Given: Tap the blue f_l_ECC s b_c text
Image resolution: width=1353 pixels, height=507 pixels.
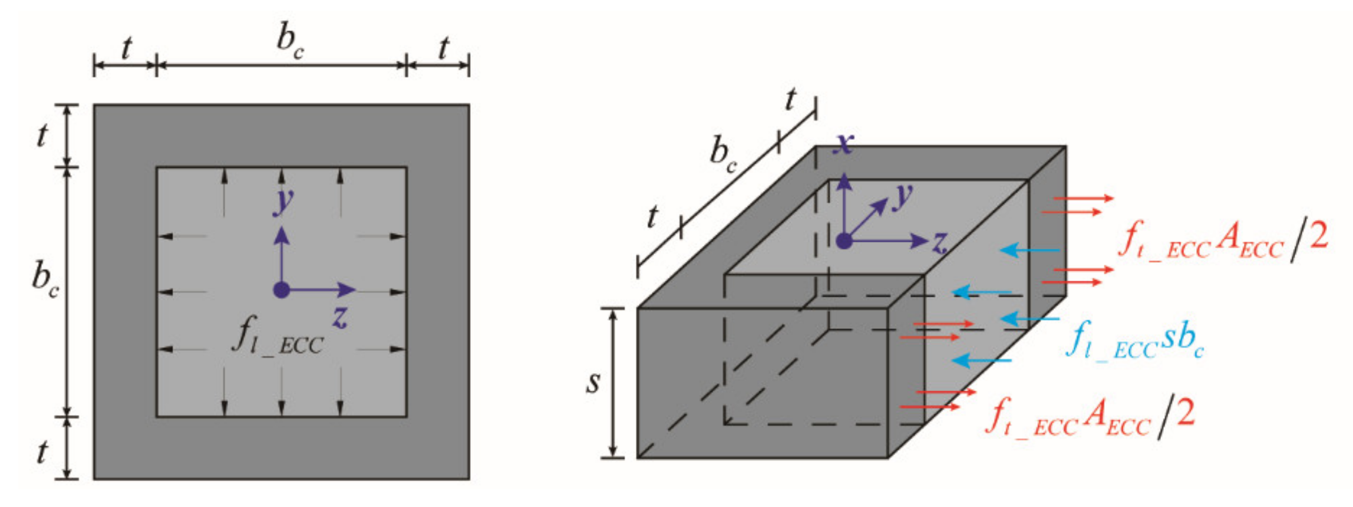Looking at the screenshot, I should [x=1135, y=341].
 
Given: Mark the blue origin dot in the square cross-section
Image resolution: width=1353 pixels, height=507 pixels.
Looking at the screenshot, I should [x=282, y=290].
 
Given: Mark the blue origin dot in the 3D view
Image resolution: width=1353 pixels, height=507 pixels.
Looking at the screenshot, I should [x=844, y=241].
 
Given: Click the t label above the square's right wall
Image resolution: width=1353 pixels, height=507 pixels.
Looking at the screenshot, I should [x=443, y=47].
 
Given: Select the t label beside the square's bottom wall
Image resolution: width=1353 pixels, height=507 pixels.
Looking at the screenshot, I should [x=42, y=452].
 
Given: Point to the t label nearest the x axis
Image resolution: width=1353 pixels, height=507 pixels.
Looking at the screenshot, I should [x=790, y=99].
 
